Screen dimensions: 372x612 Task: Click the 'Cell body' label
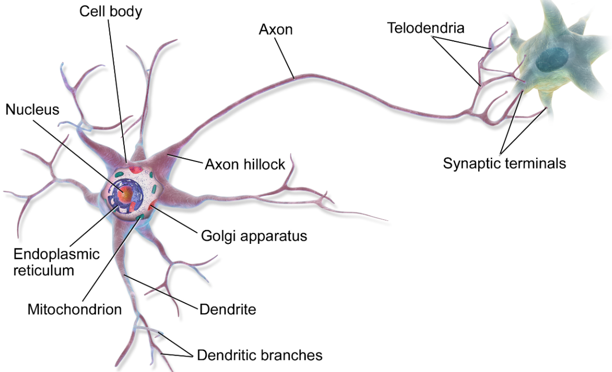coord(111,11)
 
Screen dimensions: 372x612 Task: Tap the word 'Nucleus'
coord(32,110)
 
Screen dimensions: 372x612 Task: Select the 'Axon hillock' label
coord(245,164)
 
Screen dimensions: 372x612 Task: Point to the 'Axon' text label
coord(276,29)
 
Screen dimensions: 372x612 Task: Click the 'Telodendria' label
coord(425,28)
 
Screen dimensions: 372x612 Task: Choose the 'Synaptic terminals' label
coord(505,163)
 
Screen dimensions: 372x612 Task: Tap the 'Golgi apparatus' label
coord(254,235)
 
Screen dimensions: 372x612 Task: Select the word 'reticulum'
coord(44,270)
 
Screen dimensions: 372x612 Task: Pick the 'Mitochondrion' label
coord(74,309)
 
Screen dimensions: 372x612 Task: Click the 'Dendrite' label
coord(228,309)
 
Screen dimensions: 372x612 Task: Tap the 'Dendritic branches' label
coord(260,355)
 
